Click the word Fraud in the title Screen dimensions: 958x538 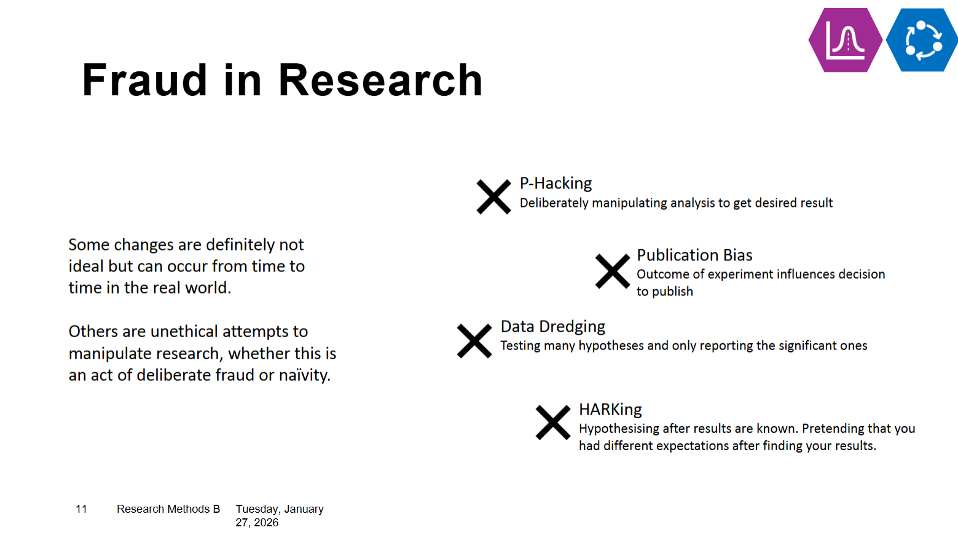[x=145, y=80]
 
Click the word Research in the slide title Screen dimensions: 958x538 [x=380, y=80]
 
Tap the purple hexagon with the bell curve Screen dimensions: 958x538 [x=846, y=40]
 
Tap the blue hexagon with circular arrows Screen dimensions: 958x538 [x=922, y=40]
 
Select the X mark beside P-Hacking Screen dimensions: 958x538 [x=493, y=197]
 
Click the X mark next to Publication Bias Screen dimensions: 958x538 [x=613, y=271]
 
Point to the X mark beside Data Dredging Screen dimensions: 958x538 [x=474, y=341]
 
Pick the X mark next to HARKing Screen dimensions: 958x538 [x=553, y=422]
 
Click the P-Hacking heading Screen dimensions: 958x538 [x=556, y=183]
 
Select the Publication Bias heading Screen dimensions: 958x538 [x=694, y=255]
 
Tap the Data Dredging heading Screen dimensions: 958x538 [x=553, y=327]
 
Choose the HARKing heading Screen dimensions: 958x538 [x=610, y=410]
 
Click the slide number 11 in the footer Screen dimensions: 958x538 [x=81, y=509]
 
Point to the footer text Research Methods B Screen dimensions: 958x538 [x=168, y=509]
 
